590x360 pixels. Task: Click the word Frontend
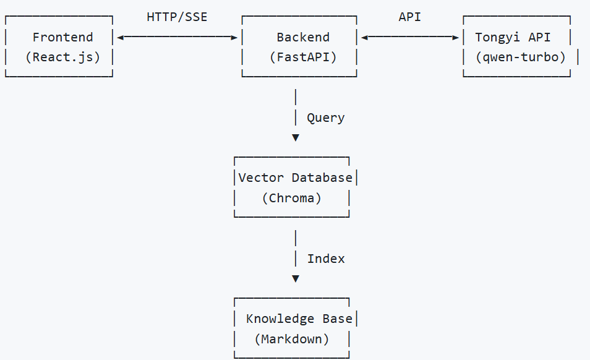(62, 37)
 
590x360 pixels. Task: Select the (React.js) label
(62, 58)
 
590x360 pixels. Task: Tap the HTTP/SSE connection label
(177, 17)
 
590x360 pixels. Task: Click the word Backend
(303, 37)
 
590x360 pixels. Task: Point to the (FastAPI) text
(303, 58)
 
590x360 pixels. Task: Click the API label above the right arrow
(409, 17)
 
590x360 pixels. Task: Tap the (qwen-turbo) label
(520, 58)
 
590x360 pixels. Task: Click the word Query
(325, 118)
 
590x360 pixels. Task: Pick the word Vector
(261, 178)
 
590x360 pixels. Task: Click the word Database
(322, 178)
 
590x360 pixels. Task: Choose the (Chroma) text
(291, 199)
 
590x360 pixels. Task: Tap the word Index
(325, 259)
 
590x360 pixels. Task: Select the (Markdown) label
(291, 340)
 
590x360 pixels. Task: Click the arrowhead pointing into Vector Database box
(296, 137)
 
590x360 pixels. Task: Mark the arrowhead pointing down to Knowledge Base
(296, 278)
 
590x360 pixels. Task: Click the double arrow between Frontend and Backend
(177, 37)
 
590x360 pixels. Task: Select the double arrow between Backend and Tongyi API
(409, 37)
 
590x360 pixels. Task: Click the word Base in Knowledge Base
(337, 319)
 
